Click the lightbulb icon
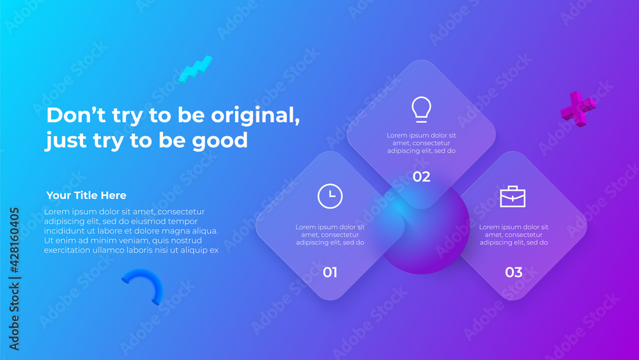click(x=421, y=109)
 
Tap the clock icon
click(x=330, y=196)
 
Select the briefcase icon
click(x=513, y=196)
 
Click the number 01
click(x=330, y=272)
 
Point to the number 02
click(x=421, y=177)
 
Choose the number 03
click(x=513, y=272)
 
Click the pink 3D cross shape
click(x=578, y=108)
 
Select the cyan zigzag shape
click(x=194, y=69)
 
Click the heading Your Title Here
click(x=86, y=195)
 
